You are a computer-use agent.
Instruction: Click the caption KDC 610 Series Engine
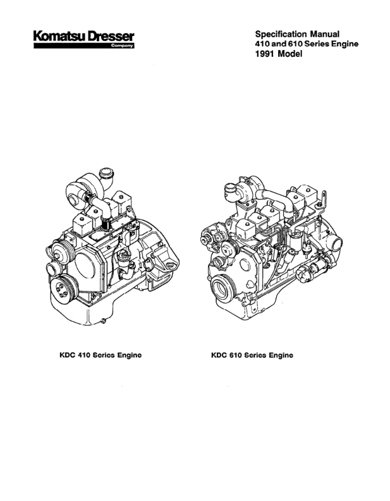(253, 355)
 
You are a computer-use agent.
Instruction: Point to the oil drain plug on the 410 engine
(101, 324)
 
